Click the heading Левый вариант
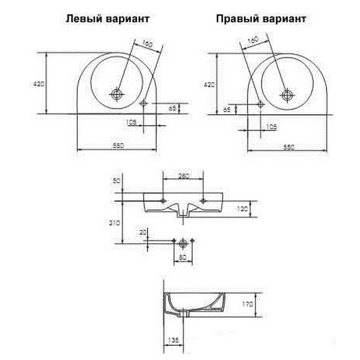[x=107, y=19]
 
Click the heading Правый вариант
[x=261, y=19]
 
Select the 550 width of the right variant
[x=289, y=147]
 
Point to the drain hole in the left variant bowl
[x=117, y=94]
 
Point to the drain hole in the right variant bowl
[x=286, y=94]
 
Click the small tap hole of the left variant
[x=143, y=103]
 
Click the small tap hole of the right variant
[x=260, y=104]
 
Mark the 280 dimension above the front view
[x=184, y=176]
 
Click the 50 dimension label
[x=116, y=181]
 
